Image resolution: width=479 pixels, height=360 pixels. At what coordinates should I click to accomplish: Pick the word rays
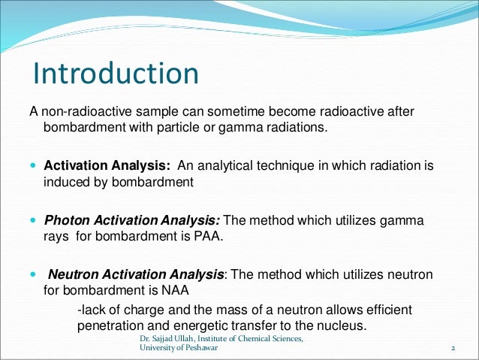[57, 237]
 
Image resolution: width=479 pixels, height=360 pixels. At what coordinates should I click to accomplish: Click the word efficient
[389, 310]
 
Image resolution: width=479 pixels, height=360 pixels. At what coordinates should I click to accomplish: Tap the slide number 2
[453, 349]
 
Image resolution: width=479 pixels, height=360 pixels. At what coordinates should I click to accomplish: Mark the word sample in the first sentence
[145, 112]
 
